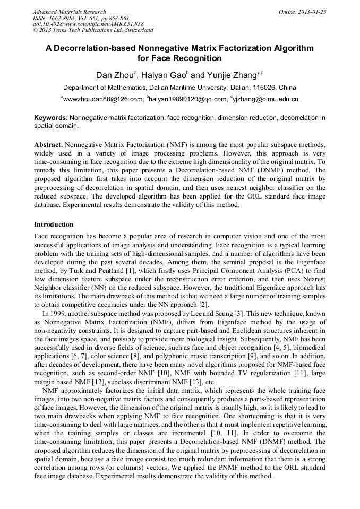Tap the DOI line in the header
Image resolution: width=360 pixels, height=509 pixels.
coord(88,24)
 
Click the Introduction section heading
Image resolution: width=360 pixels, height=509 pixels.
coord(54,225)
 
